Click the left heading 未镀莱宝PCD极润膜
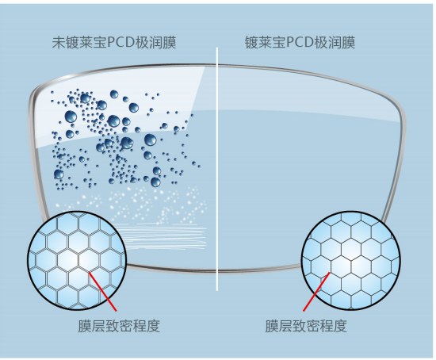click(114, 43)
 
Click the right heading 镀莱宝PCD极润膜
click(300, 43)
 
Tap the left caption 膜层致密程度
click(119, 326)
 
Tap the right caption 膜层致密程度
click(306, 326)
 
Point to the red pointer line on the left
click(102, 291)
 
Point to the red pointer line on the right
click(316, 292)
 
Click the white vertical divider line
click(217, 169)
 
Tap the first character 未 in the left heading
click(59, 43)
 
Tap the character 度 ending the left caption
click(154, 326)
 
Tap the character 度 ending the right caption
click(340, 326)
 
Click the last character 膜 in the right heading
click(349, 43)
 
